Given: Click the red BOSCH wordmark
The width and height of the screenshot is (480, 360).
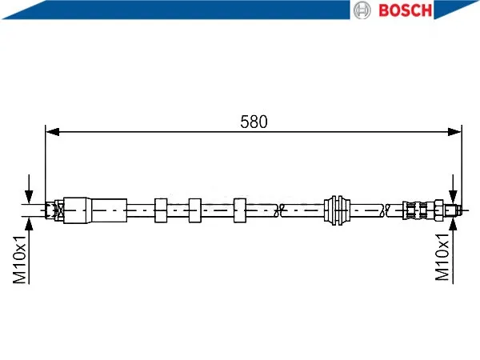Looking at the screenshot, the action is (405, 10).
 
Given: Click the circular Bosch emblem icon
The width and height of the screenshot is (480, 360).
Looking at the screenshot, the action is (362, 10).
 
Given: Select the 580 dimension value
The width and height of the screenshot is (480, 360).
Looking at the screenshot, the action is (254, 122).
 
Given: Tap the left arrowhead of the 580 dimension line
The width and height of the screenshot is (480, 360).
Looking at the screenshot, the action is (52, 132).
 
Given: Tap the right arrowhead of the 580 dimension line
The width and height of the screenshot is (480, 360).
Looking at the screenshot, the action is (454, 132).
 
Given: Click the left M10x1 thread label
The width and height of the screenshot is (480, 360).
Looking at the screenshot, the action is (20, 259).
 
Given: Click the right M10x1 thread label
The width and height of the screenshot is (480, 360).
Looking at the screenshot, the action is (442, 257).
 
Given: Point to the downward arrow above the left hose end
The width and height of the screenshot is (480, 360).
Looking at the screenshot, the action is (29, 189).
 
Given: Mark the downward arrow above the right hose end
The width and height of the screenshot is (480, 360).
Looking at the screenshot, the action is (453, 189).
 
